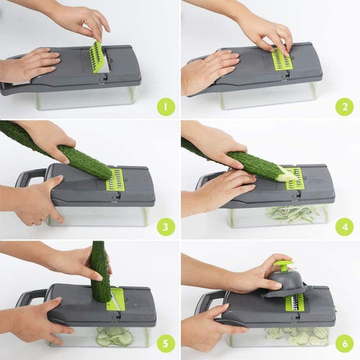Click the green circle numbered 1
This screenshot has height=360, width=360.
point(166,107)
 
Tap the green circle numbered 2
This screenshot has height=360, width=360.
point(343,107)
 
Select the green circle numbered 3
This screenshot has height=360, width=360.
point(166,227)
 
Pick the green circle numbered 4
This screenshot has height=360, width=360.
point(343,227)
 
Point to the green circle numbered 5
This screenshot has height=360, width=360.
point(166,346)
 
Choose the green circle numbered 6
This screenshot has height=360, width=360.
point(343,346)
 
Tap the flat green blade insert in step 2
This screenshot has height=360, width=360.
point(282,60)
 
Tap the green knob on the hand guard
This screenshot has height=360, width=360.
point(285,265)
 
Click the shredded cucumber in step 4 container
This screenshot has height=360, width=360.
point(292,213)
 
